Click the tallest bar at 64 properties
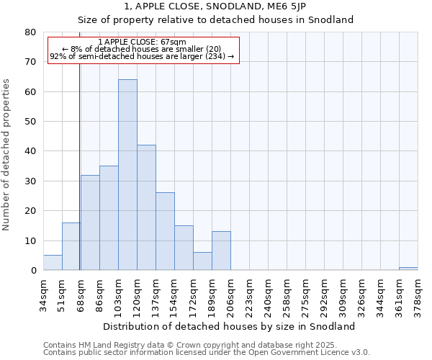[x=127, y=175]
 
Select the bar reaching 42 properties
[x=146, y=207]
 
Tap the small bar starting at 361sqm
[x=408, y=269]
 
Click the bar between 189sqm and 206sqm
[x=221, y=251]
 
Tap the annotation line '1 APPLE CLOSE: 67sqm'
[x=142, y=42]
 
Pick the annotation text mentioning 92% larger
[x=142, y=56]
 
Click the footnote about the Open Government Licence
[x=207, y=353]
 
